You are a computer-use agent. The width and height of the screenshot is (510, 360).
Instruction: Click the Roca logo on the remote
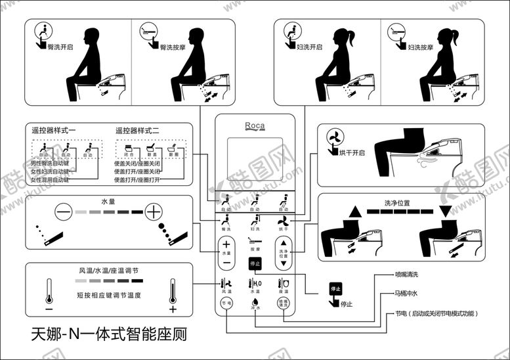click(255, 126)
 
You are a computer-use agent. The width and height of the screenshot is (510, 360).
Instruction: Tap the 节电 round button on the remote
click(226, 303)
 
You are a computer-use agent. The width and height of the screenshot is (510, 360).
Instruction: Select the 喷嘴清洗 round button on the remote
click(284, 303)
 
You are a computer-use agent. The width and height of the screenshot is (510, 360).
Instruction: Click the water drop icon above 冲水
click(255, 302)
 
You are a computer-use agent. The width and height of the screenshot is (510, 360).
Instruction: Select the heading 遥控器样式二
click(137, 131)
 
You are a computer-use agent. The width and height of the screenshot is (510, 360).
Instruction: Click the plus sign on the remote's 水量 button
click(226, 244)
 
